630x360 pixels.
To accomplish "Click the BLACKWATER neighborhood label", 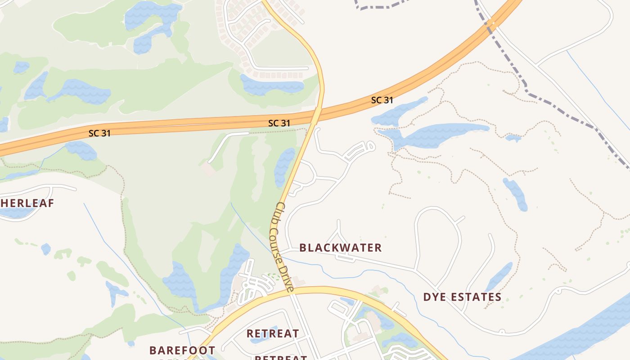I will [340, 247].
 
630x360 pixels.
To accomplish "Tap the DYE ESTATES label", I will [462, 297].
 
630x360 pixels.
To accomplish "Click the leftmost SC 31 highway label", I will [99, 133].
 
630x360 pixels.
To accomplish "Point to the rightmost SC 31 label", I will [382, 100].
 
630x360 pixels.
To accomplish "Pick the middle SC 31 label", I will [279, 123].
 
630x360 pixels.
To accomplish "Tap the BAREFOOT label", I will [182, 350].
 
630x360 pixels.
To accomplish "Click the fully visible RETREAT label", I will [273, 333].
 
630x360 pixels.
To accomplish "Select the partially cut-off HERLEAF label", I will [27, 203].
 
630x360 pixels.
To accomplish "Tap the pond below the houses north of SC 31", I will [270, 85].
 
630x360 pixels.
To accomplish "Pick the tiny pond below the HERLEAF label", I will [45, 249].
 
